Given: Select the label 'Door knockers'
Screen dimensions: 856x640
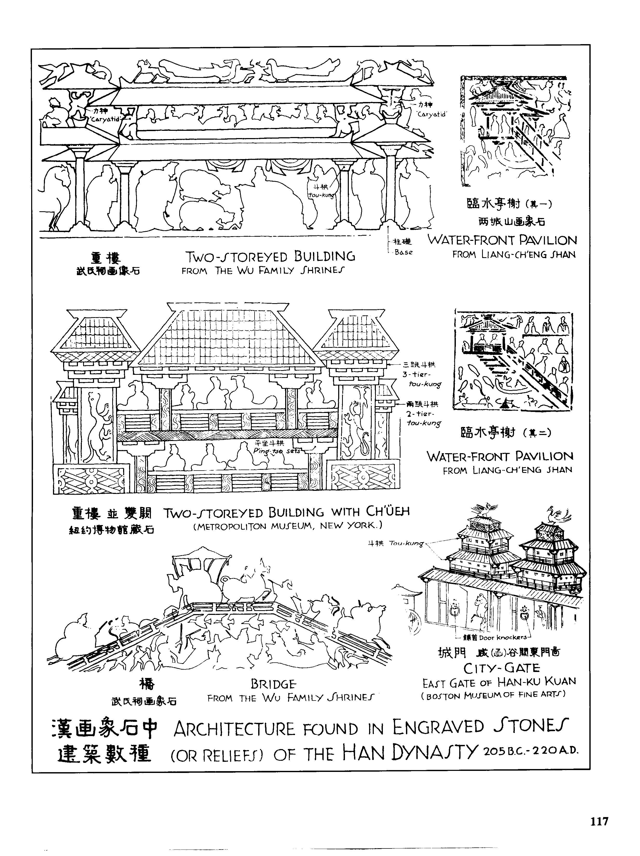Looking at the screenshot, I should coord(503,637).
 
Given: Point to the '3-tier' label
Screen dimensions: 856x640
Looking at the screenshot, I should coord(416,374).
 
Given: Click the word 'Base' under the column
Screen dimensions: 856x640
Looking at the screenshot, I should coord(403,252).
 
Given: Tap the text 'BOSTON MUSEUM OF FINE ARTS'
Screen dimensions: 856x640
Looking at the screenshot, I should coord(493,695).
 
